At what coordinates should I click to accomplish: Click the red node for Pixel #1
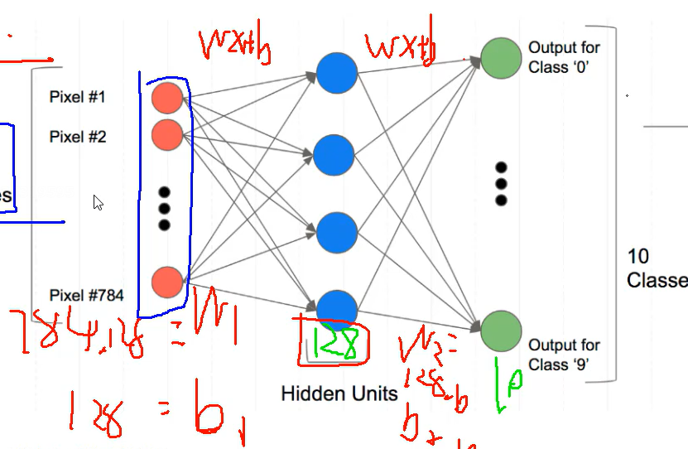point(167,98)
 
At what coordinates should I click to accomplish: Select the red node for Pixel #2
point(167,134)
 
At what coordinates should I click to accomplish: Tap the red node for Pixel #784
point(167,282)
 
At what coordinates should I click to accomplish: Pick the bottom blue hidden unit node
point(336,309)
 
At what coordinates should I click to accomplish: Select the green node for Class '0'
point(501,59)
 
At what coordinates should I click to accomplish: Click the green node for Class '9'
point(501,330)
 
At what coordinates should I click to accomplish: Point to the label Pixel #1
point(78,98)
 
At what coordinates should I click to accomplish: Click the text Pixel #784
point(86,295)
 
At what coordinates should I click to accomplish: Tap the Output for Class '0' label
point(564,57)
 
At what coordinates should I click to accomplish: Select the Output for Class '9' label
point(564,354)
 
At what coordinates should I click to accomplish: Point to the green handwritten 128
point(335,345)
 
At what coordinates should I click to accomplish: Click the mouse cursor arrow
point(98,202)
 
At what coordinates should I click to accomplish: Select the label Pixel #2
point(78,137)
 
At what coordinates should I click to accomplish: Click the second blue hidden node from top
point(336,154)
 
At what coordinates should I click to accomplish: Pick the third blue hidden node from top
point(336,232)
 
